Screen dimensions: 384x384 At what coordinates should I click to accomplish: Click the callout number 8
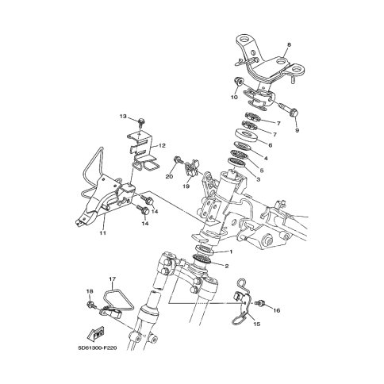pos(289,45)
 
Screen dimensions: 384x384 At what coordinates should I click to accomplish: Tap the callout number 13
pos(123,117)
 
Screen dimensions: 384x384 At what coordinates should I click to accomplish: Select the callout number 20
pos(169,176)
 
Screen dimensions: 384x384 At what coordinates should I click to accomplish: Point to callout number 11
pos(102,232)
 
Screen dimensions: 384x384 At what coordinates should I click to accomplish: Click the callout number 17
pos(113,278)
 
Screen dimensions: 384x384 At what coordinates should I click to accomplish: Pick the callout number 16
pos(277,310)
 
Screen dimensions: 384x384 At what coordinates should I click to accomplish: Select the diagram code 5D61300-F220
pos(98,348)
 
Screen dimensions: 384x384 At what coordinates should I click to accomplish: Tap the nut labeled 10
pos(237,81)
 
